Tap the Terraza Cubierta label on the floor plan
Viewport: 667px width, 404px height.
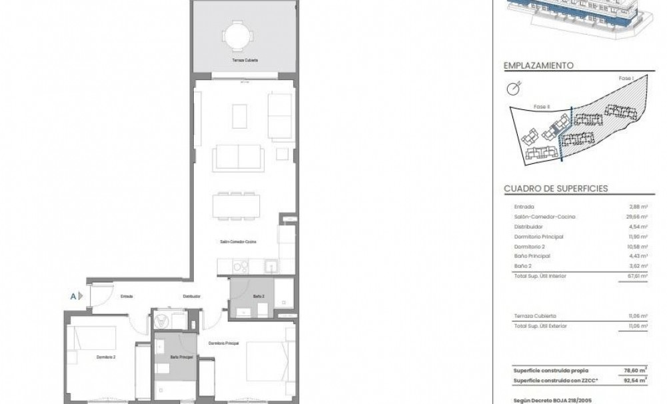point(245,61)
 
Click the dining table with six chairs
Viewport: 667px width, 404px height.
point(236,205)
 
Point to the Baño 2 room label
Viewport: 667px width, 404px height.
point(259,295)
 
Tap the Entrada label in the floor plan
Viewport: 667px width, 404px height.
point(127,296)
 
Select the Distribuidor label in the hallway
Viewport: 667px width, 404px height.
point(193,296)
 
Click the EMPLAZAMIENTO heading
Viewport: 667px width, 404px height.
point(539,66)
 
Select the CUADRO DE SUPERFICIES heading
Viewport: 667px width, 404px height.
point(556,189)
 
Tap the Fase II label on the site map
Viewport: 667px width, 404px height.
point(542,106)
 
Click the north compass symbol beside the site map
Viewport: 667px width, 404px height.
point(512,87)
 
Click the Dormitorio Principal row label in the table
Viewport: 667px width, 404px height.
point(539,237)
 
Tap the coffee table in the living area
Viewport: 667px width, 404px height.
point(240,115)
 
